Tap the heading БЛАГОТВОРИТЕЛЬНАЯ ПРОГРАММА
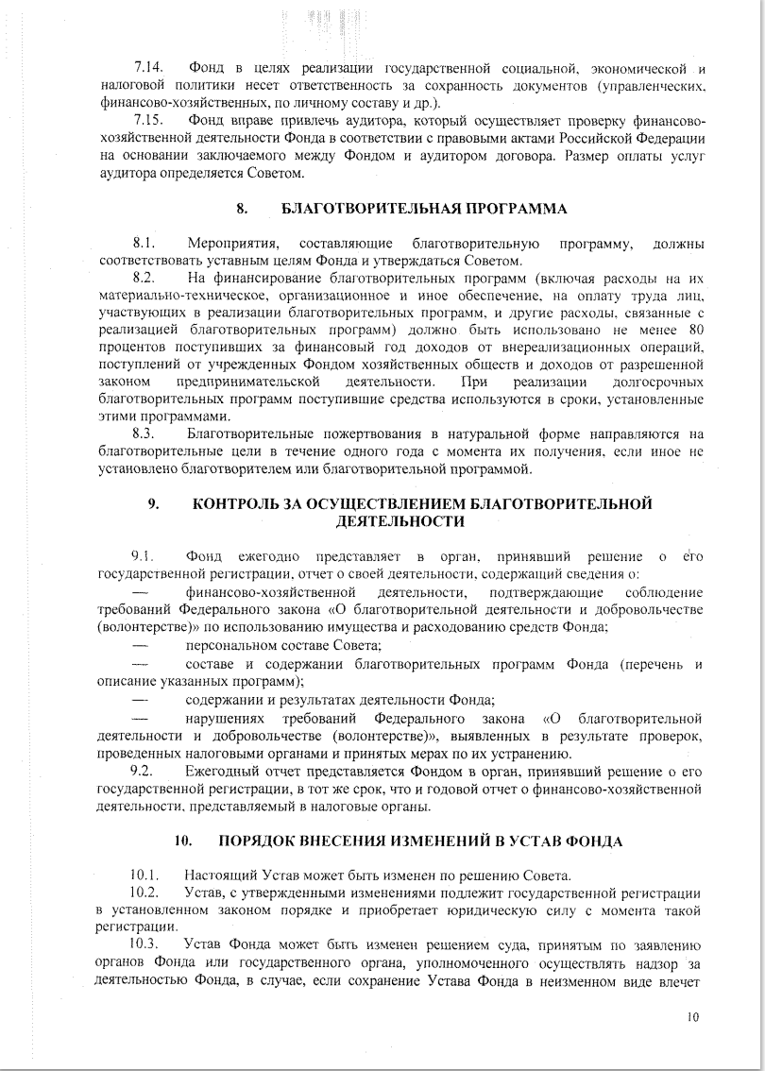(x=425, y=207)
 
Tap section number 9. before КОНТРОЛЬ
(x=153, y=504)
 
